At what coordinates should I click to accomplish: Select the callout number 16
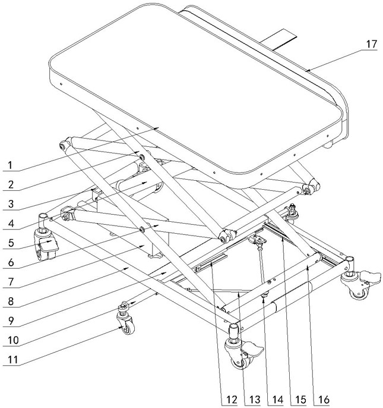322,398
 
